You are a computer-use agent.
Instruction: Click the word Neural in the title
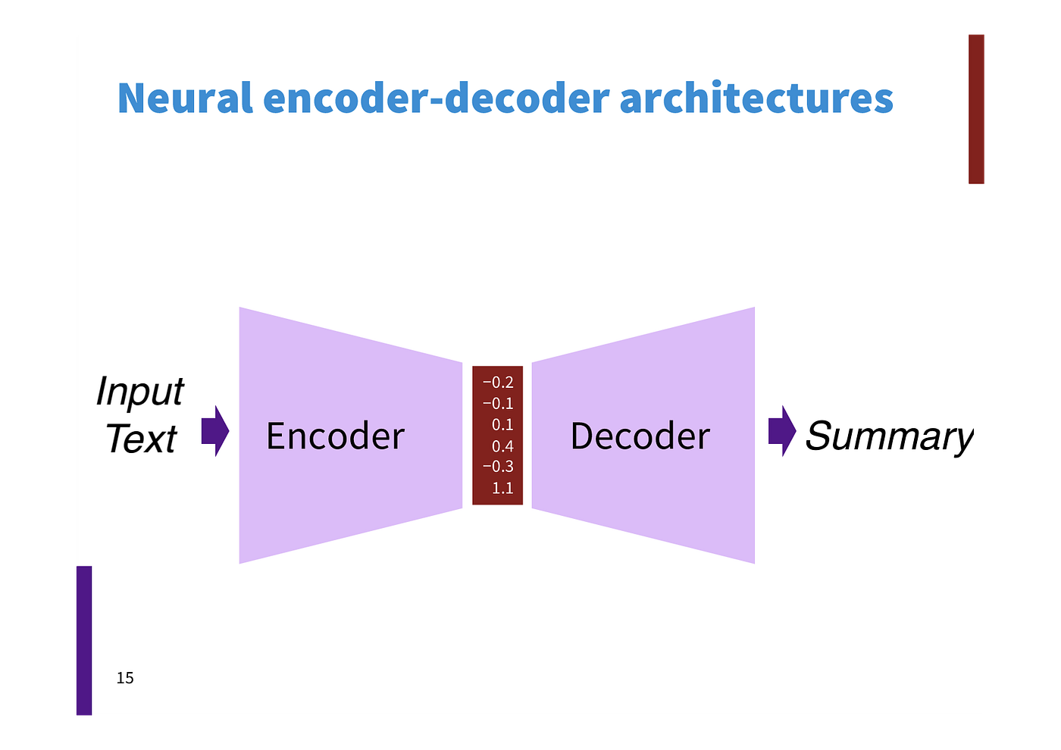184,98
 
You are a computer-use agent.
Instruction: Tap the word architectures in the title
756,98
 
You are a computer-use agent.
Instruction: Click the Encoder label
335,436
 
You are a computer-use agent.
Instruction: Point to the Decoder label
640,436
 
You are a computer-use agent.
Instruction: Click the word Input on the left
139,392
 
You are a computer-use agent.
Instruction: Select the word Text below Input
140,439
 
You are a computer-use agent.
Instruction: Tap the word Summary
888,436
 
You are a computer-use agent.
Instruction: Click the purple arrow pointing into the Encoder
215,431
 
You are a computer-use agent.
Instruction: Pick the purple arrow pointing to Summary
782,431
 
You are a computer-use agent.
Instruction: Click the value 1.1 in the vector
502,488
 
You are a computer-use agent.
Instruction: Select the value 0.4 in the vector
502,446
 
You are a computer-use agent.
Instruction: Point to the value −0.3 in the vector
498,467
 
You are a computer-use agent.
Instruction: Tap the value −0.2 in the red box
498,383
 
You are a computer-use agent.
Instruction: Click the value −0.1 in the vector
498,404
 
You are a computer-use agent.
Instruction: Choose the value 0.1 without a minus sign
502,425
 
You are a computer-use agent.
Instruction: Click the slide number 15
125,678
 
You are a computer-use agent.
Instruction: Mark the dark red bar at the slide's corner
977,108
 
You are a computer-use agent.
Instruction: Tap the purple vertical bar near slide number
83,641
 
